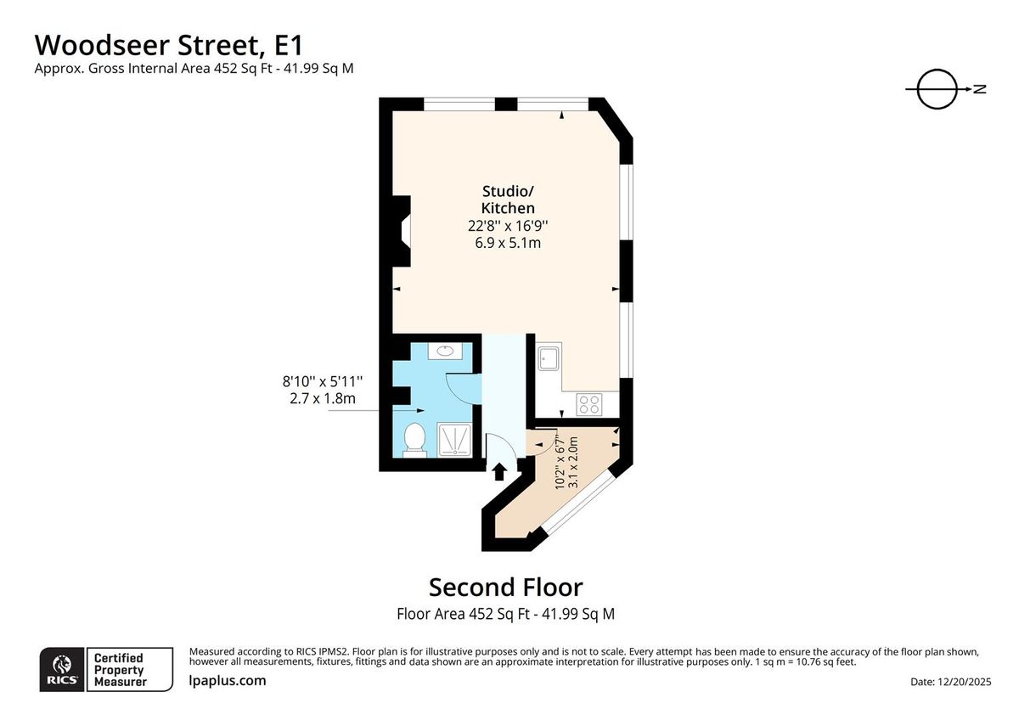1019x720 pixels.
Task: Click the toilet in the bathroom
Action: pyautogui.click(x=414, y=439)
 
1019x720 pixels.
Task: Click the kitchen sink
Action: pyautogui.click(x=548, y=358)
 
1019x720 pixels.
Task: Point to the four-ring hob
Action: pyautogui.click(x=588, y=404)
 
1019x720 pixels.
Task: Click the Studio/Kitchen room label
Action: pyautogui.click(x=508, y=199)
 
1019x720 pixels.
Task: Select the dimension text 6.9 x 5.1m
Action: pyautogui.click(x=508, y=243)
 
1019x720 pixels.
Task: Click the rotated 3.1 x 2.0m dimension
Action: pyautogui.click(x=573, y=462)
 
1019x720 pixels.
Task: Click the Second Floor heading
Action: pyautogui.click(x=505, y=588)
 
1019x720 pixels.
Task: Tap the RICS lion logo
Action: pyautogui.click(x=62, y=669)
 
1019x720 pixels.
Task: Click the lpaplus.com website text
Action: pyautogui.click(x=227, y=680)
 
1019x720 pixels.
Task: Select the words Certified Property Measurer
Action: pyautogui.click(x=119, y=669)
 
